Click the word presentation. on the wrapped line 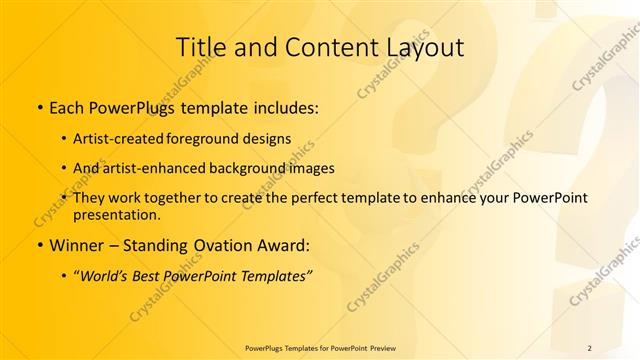tap(117, 214)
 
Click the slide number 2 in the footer tap(589, 347)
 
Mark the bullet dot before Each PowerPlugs tap(39, 105)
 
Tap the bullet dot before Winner tap(39, 244)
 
